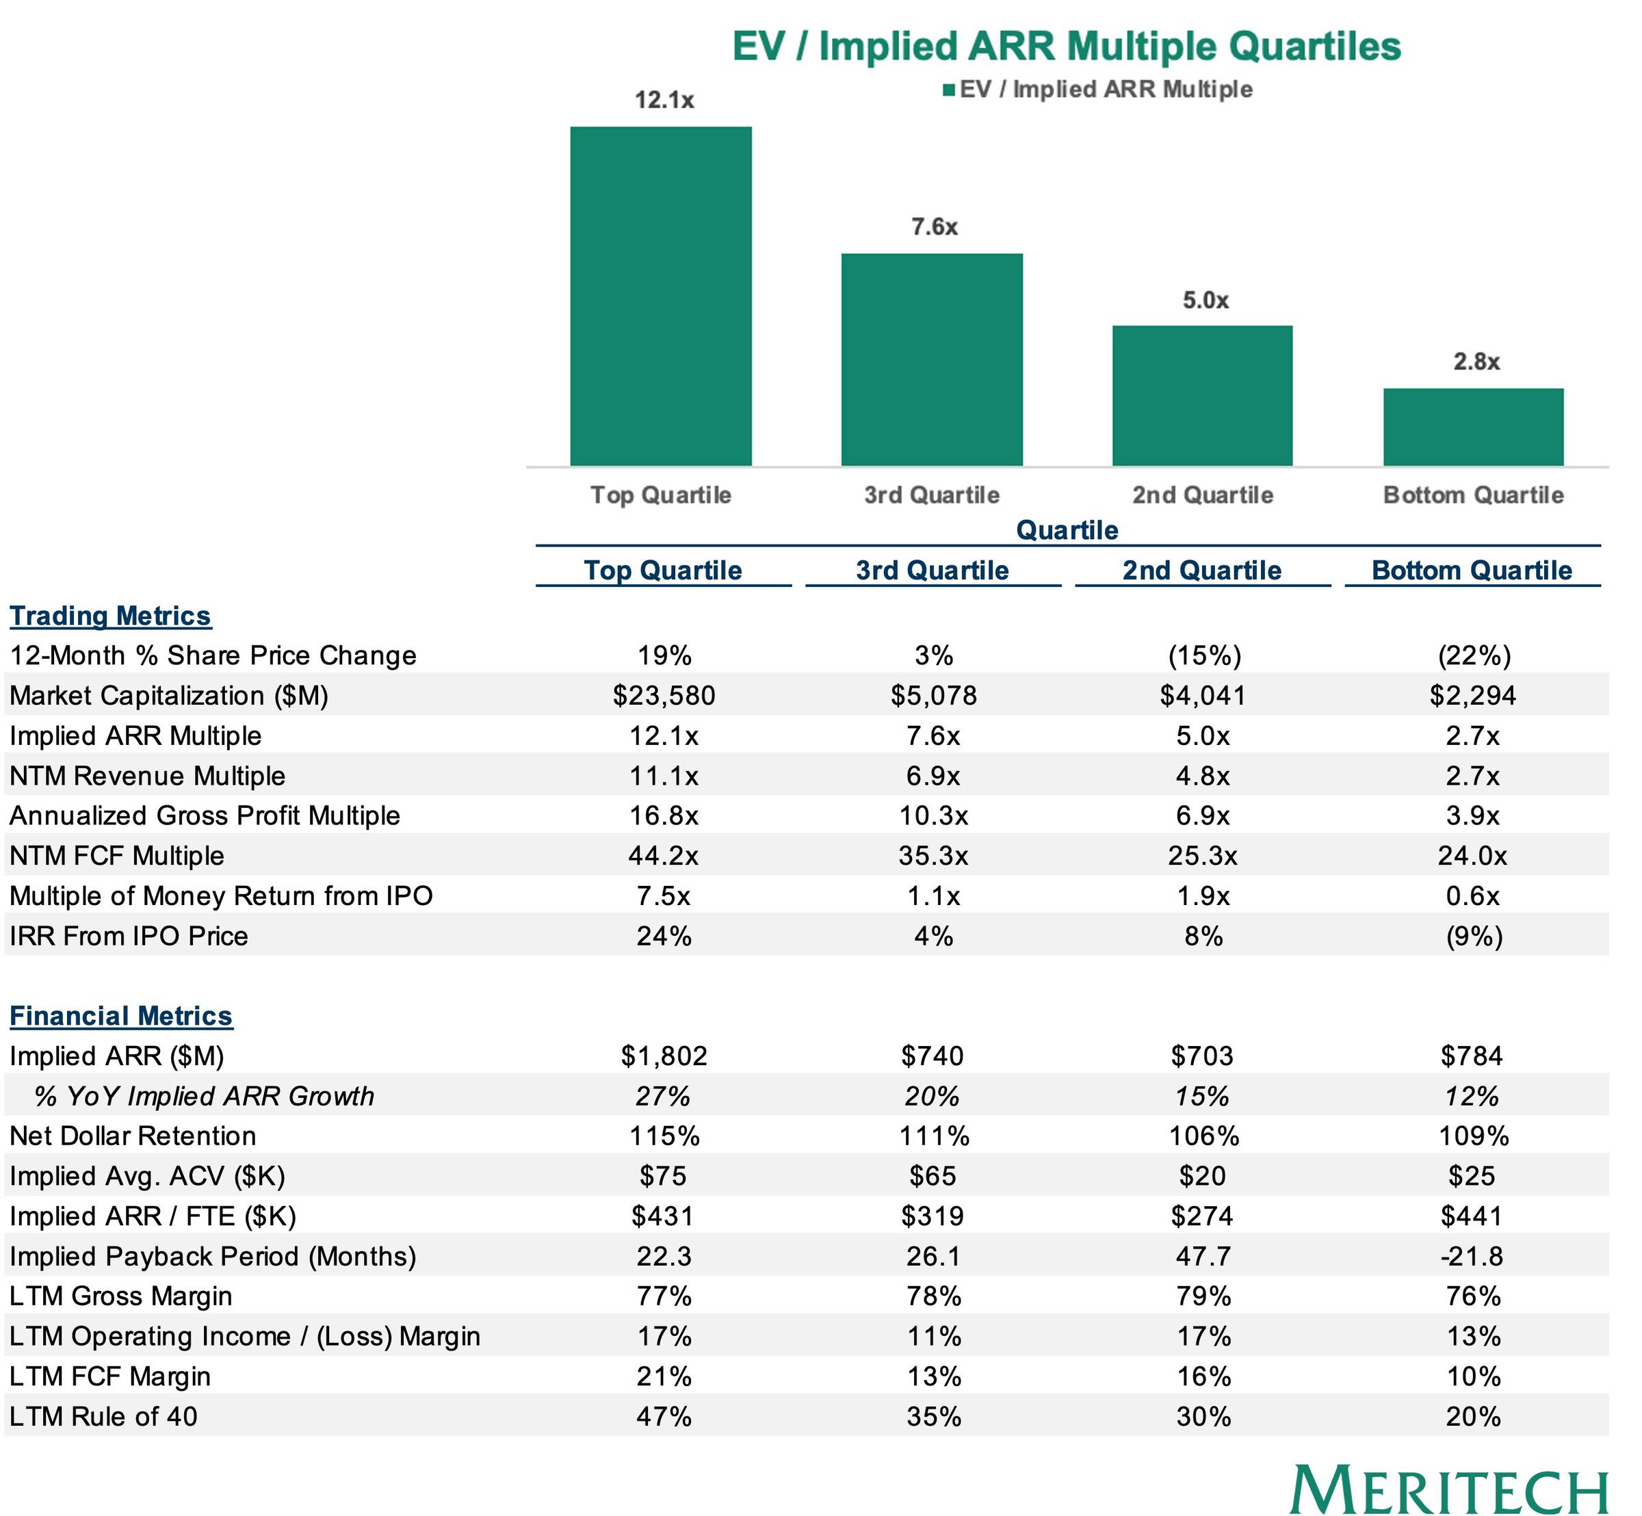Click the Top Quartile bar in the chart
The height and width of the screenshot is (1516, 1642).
661,296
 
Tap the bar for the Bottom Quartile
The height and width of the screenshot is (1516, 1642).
1473,427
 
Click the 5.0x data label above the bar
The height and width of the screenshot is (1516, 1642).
1205,300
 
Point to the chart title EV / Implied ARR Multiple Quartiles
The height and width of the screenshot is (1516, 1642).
1067,46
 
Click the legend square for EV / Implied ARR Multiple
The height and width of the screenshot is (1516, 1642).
950,90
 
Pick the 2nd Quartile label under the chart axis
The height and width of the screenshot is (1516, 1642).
1202,495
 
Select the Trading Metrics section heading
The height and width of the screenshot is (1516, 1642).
111,616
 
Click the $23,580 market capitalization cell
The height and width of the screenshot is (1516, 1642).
664,696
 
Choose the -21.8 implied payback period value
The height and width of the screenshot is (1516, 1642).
1474,1256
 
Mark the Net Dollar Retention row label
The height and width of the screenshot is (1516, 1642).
133,1136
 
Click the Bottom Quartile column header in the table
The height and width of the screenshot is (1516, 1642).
1472,570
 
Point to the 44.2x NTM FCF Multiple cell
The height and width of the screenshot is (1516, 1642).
664,856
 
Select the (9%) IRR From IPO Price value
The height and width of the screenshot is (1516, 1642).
1474,936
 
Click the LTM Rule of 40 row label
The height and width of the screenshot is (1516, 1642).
103,1416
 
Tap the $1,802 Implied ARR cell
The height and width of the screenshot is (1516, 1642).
664,1056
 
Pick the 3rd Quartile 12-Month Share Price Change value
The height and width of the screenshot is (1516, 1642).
934,655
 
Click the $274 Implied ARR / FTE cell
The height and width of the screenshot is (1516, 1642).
1202,1216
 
